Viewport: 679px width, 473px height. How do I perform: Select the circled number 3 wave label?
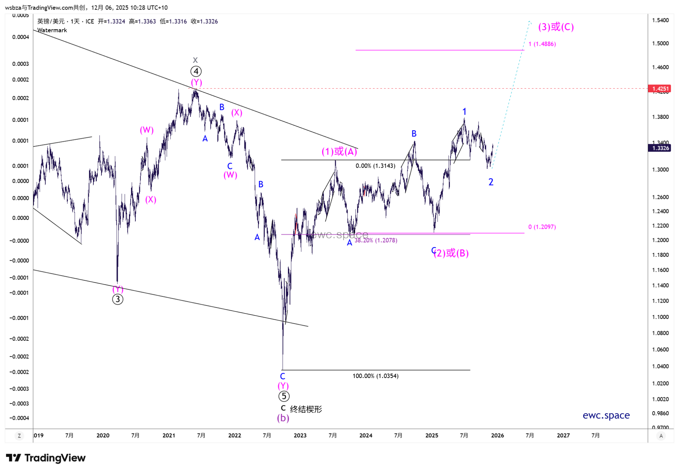click(117, 299)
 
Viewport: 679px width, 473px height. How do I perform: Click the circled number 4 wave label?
click(196, 71)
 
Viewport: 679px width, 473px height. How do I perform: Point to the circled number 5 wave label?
click(284, 396)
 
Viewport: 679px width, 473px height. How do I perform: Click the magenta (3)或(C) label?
click(556, 27)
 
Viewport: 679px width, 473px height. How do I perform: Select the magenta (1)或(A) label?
click(339, 151)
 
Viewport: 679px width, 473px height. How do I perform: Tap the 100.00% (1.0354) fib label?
click(375, 376)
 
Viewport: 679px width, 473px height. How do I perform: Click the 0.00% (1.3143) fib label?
click(375, 166)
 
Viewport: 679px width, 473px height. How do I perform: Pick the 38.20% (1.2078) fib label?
click(376, 241)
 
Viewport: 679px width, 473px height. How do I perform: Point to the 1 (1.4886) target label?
click(542, 44)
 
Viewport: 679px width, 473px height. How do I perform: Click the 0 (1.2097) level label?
click(542, 227)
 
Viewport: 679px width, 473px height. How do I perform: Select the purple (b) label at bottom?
click(283, 418)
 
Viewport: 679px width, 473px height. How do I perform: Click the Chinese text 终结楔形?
click(306, 409)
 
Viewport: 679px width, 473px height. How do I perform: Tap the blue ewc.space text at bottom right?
click(606, 415)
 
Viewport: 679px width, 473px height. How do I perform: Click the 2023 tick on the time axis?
click(300, 435)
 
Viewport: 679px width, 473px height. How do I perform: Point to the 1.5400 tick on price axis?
click(660, 20)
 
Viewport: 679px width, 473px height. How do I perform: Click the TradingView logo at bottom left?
click(46, 458)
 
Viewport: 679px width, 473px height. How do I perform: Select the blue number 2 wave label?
click(491, 182)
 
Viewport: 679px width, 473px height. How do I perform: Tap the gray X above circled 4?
click(195, 60)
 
